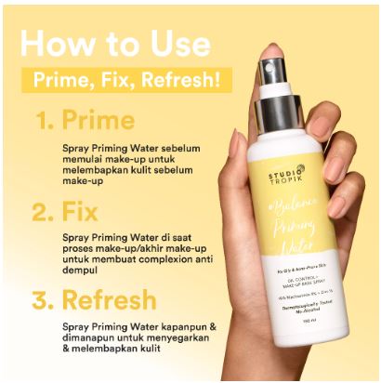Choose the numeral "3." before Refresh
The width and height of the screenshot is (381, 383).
coord(46,300)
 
